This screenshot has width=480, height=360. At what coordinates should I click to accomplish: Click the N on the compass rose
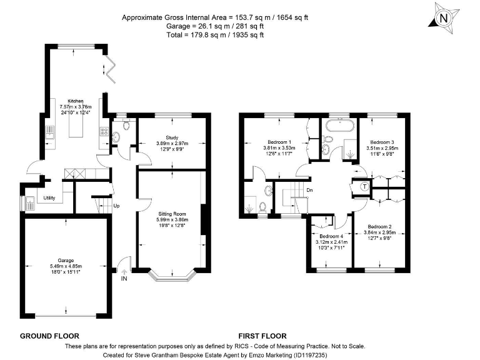444,18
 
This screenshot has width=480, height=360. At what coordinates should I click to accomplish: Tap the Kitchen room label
76,101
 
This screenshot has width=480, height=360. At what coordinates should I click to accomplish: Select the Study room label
172,137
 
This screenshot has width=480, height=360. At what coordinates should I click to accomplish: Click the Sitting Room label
172,214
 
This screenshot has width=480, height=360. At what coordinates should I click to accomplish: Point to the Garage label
66,261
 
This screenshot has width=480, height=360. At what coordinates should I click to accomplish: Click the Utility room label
49,198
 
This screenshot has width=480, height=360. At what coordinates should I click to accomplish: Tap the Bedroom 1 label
279,142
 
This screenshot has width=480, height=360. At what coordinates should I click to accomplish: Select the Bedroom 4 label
331,236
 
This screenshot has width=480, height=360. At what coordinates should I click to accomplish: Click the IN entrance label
124,279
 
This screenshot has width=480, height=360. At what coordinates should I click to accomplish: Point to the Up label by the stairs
116,206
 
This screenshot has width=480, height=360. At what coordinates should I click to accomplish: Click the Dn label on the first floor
310,190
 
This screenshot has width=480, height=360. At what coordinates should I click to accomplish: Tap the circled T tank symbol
364,186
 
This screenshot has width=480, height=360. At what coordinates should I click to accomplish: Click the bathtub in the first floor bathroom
340,126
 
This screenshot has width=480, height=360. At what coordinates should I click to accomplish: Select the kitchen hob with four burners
104,132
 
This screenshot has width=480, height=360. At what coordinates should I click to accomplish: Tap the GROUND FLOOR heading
49,336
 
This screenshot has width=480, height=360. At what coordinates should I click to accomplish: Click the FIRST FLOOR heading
262,336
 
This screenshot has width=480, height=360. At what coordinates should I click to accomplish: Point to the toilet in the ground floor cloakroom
125,125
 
